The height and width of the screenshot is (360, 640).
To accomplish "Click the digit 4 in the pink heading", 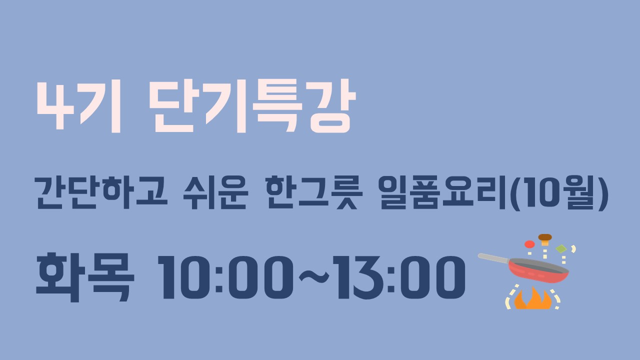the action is coord(55,106).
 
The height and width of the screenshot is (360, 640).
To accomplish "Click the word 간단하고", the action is coord(101,192).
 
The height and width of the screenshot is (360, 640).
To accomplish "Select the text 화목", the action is coord(85,277).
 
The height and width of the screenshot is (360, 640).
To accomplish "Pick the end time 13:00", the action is coord(399,277).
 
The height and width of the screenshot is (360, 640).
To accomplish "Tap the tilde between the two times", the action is coord(313,276).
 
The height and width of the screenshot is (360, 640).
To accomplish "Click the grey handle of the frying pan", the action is coord(493,258).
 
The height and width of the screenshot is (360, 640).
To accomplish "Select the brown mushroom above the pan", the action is coord(545,239).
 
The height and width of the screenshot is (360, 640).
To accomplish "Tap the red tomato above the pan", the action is coord(529,244).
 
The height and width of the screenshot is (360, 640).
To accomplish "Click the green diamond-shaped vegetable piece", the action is coord(561,249).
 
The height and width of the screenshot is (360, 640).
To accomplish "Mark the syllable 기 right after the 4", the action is coord(100,106).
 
